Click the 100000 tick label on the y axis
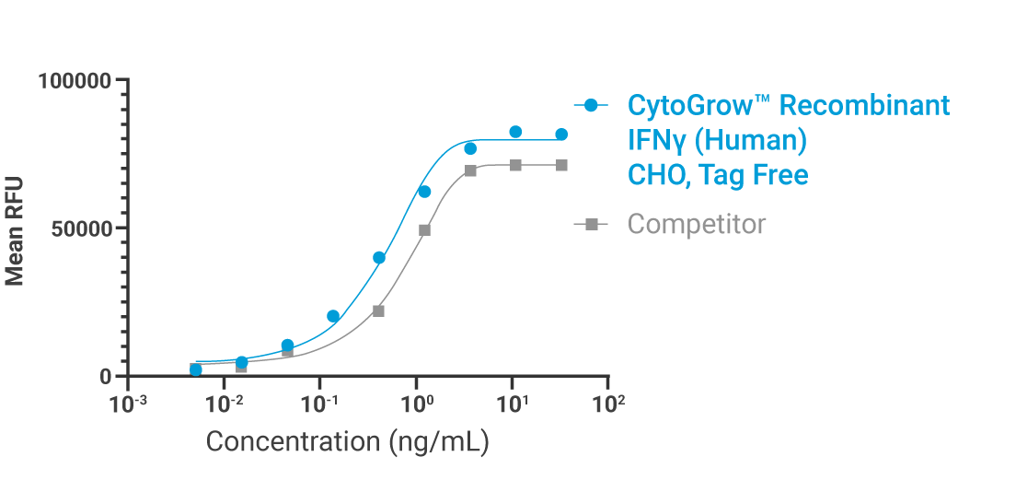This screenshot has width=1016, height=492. (75, 81)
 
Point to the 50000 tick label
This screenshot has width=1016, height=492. (81, 228)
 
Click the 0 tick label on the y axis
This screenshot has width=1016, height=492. (106, 377)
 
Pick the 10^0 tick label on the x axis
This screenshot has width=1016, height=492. (417, 403)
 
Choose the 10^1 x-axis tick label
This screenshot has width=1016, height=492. (513, 403)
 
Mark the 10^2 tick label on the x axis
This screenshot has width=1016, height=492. (609, 403)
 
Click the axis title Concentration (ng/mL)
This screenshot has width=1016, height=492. (347, 441)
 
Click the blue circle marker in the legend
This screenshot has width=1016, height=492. (592, 105)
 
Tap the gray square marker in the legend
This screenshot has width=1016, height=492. (592, 224)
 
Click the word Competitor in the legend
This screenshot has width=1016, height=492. (696, 224)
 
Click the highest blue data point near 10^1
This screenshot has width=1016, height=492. (515, 132)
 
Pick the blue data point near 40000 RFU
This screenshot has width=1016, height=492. (379, 258)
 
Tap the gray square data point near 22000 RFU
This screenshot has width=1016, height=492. (378, 311)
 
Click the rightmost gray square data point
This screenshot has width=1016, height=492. (561, 165)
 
